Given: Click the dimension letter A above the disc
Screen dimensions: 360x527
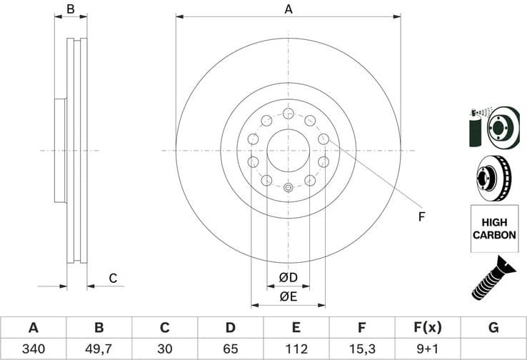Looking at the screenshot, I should pos(288,9).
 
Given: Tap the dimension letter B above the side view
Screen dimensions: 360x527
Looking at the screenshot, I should pos(70,9).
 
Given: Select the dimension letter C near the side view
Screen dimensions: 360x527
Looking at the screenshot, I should pos(112,278).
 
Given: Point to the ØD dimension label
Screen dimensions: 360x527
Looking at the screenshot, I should pos(288,276).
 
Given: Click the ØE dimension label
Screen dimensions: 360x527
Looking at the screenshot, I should pos(288,295).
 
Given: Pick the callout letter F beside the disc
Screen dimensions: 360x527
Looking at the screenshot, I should pos(421,216).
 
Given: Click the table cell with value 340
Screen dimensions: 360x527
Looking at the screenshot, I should pos(33,349).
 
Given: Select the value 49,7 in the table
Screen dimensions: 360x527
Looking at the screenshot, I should pos(99,349).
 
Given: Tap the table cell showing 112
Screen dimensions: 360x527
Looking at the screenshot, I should pos(296,349).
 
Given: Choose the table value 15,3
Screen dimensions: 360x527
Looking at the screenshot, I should pos(362,349).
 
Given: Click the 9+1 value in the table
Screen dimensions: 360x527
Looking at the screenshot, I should pos(428,349).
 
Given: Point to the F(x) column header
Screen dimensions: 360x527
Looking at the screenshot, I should pos(428,328).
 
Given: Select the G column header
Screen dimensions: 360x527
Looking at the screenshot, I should pos(493,328).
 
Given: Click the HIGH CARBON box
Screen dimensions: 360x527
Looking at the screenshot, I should pos(493,228).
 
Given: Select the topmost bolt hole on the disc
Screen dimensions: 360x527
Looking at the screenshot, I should pos(288,114).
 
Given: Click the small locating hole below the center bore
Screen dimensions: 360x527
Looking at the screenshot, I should pos(288,188).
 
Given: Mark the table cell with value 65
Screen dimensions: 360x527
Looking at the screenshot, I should pos(230,349).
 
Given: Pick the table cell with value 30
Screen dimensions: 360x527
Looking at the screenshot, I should pos(164,349).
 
